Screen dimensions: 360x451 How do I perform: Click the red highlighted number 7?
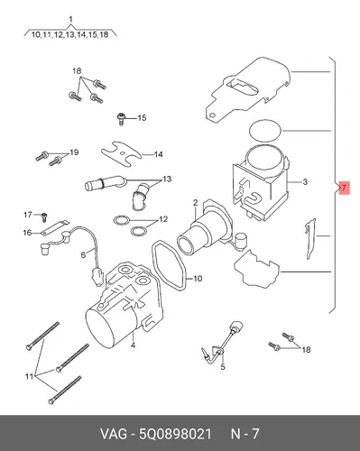[345, 188]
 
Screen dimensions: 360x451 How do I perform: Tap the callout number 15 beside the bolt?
[142, 117]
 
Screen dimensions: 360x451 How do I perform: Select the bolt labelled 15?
[121, 119]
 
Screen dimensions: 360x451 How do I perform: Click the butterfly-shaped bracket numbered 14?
[120, 154]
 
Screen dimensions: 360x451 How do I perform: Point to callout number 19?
[74, 152]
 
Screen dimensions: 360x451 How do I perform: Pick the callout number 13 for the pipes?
[167, 179]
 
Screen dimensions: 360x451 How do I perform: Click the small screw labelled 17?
[44, 216]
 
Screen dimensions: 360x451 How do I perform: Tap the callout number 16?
[27, 233]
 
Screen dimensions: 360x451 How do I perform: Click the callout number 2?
[196, 203]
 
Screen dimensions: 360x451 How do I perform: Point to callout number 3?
[305, 182]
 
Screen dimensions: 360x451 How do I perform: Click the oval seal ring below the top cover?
[265, 130]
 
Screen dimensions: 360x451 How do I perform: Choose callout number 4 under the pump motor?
[133, 345]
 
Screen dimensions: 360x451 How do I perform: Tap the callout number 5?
[223, 367]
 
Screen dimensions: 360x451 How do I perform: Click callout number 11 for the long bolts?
[29, 376]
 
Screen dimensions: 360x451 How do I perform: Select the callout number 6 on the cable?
[83, 254]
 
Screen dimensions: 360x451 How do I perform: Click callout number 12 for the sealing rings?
[163, 219]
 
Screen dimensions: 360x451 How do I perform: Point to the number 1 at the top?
[70, 20]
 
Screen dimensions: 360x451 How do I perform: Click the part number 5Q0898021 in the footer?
[175, 433]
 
